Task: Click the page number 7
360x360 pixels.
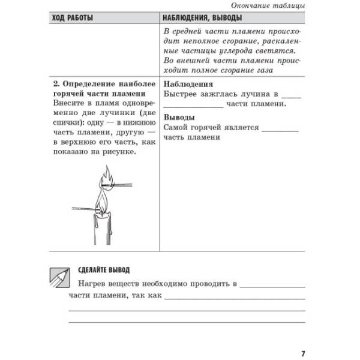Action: pos(303,353)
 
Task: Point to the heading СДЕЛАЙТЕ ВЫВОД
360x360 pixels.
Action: pos(104,270)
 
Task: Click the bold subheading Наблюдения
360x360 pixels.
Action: pos(188,85)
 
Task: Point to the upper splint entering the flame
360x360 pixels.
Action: pos(128,184)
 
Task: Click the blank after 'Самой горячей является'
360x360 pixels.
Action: pos(280,128)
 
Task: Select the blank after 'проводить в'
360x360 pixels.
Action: pos(273,283)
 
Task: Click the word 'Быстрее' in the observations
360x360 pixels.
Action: pos(181,95)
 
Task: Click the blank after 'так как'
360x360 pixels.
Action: pos(234,296)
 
